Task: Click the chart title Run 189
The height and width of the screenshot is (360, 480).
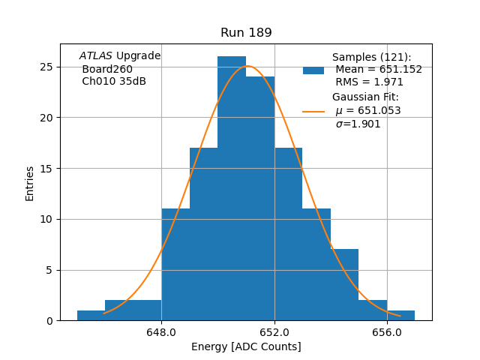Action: [x=246, y=33]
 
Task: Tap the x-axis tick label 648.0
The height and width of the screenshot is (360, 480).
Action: [x=161, y=332]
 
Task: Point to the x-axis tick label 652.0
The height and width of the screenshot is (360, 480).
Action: [x=274, y=332]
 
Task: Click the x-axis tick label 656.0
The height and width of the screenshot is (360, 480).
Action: [x=387, y=332]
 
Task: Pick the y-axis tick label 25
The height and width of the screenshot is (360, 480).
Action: [x=47, y=67]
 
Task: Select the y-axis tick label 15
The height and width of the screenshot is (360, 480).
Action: [x=47, y=168]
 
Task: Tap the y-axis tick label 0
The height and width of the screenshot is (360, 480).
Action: [x=50, y=321]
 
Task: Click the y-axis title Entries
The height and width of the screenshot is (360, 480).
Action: [x=30, y=183]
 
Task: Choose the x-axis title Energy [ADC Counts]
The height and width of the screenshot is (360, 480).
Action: [x=246, y=346]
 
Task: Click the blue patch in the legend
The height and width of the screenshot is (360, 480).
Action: [x=313, y=70]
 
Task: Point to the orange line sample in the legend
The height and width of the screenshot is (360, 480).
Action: [x=313, y=111]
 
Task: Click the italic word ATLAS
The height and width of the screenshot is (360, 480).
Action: [x=96, y=56]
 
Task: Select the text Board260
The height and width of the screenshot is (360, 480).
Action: [x=107, y=69]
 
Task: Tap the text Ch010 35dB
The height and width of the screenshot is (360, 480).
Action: [x=114, y=82]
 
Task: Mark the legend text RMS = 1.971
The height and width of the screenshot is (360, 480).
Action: [x=369, y=82]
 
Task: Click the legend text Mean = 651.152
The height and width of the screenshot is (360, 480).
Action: [x=378, y=70]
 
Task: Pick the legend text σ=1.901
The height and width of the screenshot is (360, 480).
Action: [x=358, y=124]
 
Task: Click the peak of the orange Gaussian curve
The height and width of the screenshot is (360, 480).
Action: [x=247, y=66]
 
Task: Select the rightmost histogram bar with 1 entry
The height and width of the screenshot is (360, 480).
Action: [x=400, y=316]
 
